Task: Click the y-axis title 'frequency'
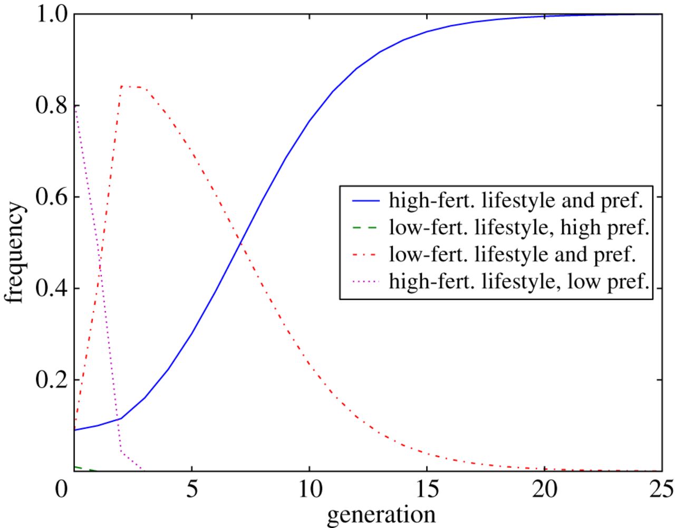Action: [x=16, y=253]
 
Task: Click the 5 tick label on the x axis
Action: [x=192, y=489]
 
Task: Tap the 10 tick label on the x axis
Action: [x=310, y=489]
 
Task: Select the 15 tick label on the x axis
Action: [x=427, y=489]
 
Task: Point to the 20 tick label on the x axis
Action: [x=545, y=489]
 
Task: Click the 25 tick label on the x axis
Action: [x=661, y=489]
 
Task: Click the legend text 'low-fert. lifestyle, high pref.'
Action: [x=518, y=227]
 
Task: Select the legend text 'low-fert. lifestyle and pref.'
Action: [x=512, y=254]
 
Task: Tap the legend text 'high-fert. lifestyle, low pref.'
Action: [x=518, y=282]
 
